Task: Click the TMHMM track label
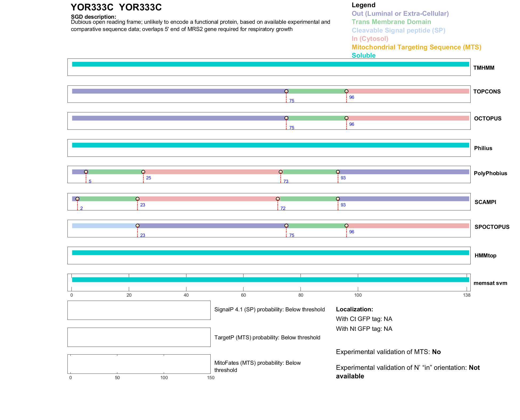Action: [x=483, y=68]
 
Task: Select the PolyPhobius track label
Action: [x=490, y=173]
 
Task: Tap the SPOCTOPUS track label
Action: [x=492, y=227]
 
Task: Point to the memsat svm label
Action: [x=490, y=283]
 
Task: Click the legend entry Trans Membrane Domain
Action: [x=391, y=22]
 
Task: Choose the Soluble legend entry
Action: [x=363, y=56]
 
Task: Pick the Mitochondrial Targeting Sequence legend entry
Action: [x=416, y=47]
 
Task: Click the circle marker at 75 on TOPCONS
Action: [x=286, y=91]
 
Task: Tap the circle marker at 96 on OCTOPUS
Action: [x=346, y=118]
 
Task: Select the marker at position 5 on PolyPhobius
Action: [x=86, y=172]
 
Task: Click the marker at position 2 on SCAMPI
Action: [x=77, y=199]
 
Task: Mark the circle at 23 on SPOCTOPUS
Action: [x=137, y=226]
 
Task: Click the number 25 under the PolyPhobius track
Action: [x=149, y=178]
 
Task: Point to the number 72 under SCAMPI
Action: [x=283, y=208]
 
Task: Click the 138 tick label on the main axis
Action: [x=467, y=295]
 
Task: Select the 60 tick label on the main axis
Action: [x=243, y=295]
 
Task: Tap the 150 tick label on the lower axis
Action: [x=211, y=378]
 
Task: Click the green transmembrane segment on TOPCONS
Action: [x=316, y=91]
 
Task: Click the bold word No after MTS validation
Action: [x=436, y=352]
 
